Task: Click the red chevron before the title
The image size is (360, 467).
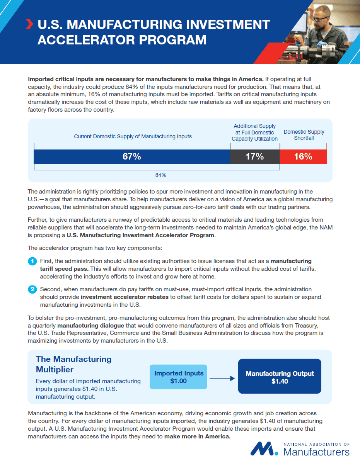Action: pos(29,24)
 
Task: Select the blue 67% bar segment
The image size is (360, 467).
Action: pos(132,156)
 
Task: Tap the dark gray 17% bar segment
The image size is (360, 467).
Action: pos(255,156)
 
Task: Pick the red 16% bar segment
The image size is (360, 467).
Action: pos(303,156)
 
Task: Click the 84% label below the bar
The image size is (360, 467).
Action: pos(161,175)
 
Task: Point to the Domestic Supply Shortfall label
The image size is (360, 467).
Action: pos(304,135)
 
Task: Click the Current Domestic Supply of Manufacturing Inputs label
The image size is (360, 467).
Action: pos(133,136)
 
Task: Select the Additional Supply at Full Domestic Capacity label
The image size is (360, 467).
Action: pos(255,132)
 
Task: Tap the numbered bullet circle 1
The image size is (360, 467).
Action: pos(32,262)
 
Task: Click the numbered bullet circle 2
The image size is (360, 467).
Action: pos(32,289)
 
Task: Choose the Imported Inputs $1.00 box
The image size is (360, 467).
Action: pos(179,377)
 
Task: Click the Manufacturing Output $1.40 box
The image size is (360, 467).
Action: pos(280,377)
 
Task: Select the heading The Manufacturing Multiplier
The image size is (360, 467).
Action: pos(73,364)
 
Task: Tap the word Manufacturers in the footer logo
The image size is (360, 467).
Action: pos(316,452)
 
